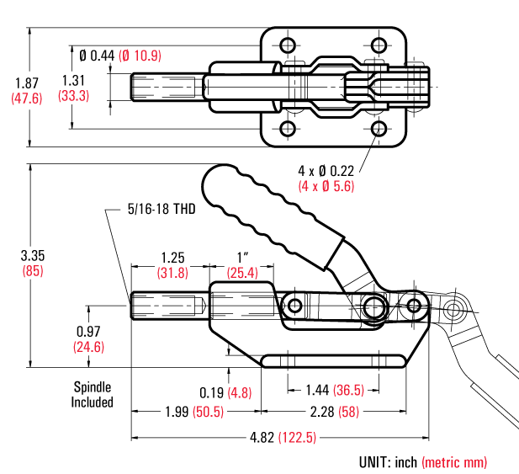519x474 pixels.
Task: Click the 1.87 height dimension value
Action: tap(25, 83)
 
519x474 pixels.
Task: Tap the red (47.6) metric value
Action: tap(25, 98)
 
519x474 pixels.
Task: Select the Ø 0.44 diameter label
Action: tap(96, 56)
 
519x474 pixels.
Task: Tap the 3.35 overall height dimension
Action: tap(31, 255)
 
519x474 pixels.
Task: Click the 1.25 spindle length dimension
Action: tap(172, 257)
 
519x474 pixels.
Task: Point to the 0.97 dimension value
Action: tap(87, 331)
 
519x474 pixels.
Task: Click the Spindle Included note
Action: tap(92, 395)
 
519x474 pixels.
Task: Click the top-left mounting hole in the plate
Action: tap(288, 45)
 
